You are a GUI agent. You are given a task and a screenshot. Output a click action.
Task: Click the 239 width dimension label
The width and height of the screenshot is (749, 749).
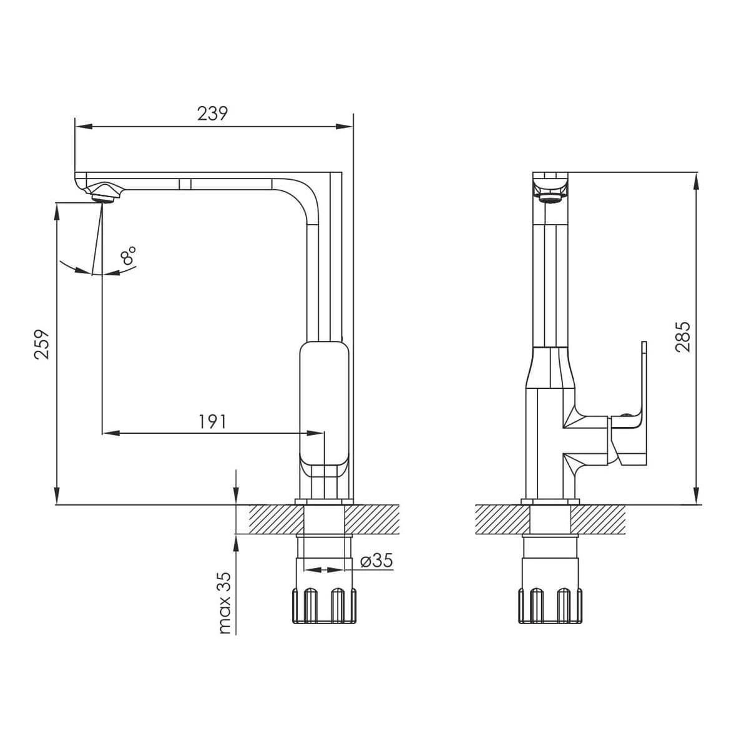(213, 114)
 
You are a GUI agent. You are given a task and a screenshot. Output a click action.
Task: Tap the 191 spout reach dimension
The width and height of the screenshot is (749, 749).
(212, 422)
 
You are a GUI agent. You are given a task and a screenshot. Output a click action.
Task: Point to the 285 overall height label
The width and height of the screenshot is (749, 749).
(683, 336)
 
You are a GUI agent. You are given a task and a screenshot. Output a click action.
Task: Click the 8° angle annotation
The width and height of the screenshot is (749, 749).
(129, 256)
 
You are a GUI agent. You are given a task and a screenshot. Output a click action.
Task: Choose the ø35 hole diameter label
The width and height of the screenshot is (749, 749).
(377, 561)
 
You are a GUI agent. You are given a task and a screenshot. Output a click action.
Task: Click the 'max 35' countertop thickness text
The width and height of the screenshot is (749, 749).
(225, 603)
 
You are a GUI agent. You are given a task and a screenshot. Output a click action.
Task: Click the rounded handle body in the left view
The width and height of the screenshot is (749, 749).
(324, 406)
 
